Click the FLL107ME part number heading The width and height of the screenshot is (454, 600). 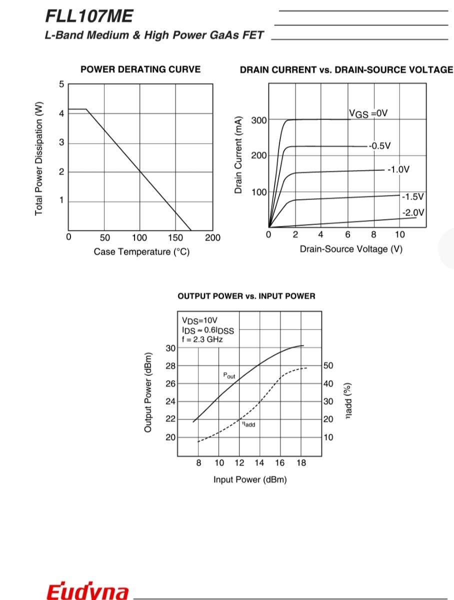click(89, 16)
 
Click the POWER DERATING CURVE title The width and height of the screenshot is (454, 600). click(140, 69)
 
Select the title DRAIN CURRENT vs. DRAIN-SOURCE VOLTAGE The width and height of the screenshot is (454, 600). click(346, 70)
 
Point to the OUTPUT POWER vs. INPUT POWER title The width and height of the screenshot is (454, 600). click(246, 296)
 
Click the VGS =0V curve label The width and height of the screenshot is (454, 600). click(368, 113)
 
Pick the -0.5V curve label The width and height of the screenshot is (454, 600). click(379, 146)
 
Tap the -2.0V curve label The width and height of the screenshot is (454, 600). click(413, 212)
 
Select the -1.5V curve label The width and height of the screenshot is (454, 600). click(413, 196)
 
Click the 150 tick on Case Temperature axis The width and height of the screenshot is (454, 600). click(175, 237)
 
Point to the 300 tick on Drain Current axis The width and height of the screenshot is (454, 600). click(259, 120)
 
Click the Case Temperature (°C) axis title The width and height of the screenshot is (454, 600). click(141, 251)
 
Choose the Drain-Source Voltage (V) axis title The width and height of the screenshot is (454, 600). click(351, 249)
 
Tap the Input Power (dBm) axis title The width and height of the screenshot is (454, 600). click(250, 479)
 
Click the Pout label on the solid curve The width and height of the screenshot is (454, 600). click(229, 375)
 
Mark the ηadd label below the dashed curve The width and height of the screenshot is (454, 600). click(248, 424)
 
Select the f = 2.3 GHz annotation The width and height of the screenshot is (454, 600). click(202, 339)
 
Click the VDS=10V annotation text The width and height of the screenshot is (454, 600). click(200, 320)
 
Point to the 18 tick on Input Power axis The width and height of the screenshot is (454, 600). click(301, 463)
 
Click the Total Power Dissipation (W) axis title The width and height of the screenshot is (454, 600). click(39, 159)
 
